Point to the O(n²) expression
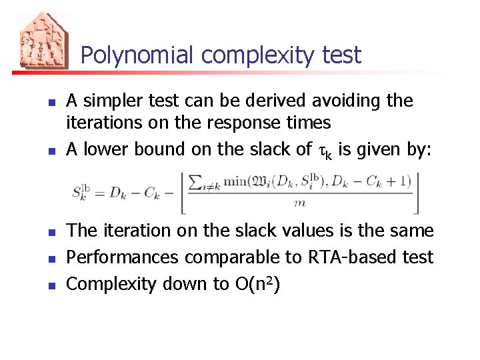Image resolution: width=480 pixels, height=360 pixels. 256,283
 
